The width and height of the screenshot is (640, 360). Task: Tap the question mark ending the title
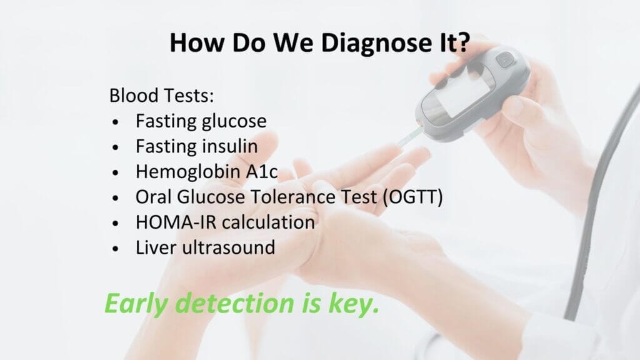pyautogui.click(x=462, y=42)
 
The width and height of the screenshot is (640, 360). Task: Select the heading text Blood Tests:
pyautogui.click(x=162, y=96)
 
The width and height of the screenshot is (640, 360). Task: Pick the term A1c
pyautogui.click(x=262, y=171)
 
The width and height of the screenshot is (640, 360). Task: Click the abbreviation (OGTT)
pyautogui.click(x=412, y=197)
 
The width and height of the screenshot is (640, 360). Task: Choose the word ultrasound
pyautogui.click(x=229, y=247)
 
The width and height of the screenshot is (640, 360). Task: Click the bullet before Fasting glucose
pyautogui.click(x=116, y=122)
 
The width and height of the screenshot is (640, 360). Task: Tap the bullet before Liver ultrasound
pyautogui.click(x=116, y=249)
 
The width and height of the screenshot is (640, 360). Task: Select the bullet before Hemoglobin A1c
pyautogui.click(x=116, y=172)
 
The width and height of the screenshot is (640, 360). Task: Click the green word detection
pyautogui.click(x=236, y=303)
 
